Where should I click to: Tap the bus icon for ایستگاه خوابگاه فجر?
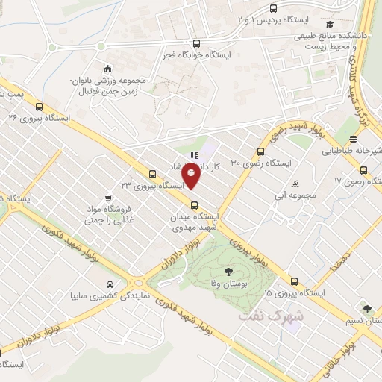tap(196, 44)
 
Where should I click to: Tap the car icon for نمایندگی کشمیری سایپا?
tap(110, 284)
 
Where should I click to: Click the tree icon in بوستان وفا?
tap(227, 272)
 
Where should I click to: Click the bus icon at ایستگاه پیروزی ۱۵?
tap(294, 282)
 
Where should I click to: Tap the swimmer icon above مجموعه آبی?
tap(297, 184)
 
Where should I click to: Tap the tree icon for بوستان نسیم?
tap(366, 307)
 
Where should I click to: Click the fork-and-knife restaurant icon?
tap(193, 156)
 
